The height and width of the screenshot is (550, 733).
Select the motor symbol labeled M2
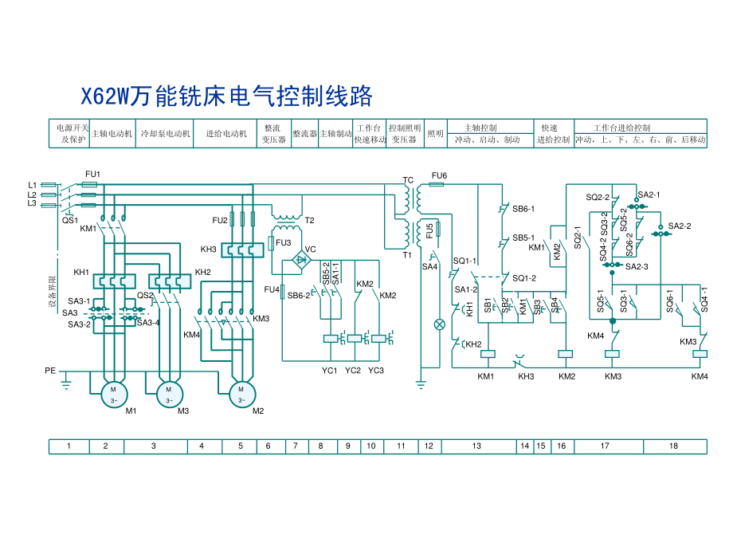(242, 393)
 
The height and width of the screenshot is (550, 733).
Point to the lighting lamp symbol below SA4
(437, 324)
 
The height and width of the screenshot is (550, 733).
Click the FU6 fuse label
(439, 175)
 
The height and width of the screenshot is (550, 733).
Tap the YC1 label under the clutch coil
(329, 371)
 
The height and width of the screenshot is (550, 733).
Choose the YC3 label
(376, 371)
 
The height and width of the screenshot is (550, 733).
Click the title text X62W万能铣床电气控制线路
(228, 97)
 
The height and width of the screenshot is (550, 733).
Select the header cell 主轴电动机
(112, 134)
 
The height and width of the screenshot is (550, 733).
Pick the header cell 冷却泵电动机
(165, 134)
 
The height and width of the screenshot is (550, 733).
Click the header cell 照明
(435, 134)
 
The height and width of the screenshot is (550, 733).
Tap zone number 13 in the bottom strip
(476, 446)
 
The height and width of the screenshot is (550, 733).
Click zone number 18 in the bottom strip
(673, 446)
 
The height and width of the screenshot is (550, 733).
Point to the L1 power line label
(32, 185)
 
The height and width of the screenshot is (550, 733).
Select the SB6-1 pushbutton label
(523, 209)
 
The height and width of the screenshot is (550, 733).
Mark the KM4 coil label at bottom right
(699, 376)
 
